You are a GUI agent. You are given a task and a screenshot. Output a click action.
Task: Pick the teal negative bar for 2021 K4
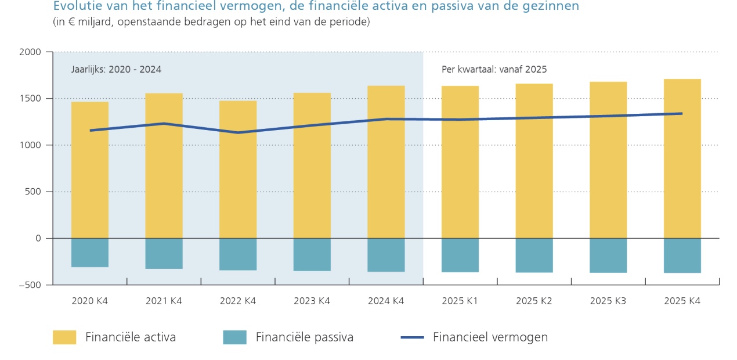[164, 253]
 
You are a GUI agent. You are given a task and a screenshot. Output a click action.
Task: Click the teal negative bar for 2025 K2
[534, 255]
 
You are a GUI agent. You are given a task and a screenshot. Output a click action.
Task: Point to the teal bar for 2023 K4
[312, 254]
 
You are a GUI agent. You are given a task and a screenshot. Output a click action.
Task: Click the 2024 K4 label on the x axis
[386, 301]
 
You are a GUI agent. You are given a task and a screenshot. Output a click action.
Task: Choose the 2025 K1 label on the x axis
[460, 301]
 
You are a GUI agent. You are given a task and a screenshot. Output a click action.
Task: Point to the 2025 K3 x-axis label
[608, 301]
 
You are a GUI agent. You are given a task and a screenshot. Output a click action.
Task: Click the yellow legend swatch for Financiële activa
[64, 337]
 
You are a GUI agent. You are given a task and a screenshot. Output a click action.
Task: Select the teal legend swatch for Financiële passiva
[234, 337]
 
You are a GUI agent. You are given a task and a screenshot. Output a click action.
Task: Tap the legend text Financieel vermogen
[490, 337]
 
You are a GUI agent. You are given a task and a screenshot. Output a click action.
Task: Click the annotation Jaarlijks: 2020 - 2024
[116, 69]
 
